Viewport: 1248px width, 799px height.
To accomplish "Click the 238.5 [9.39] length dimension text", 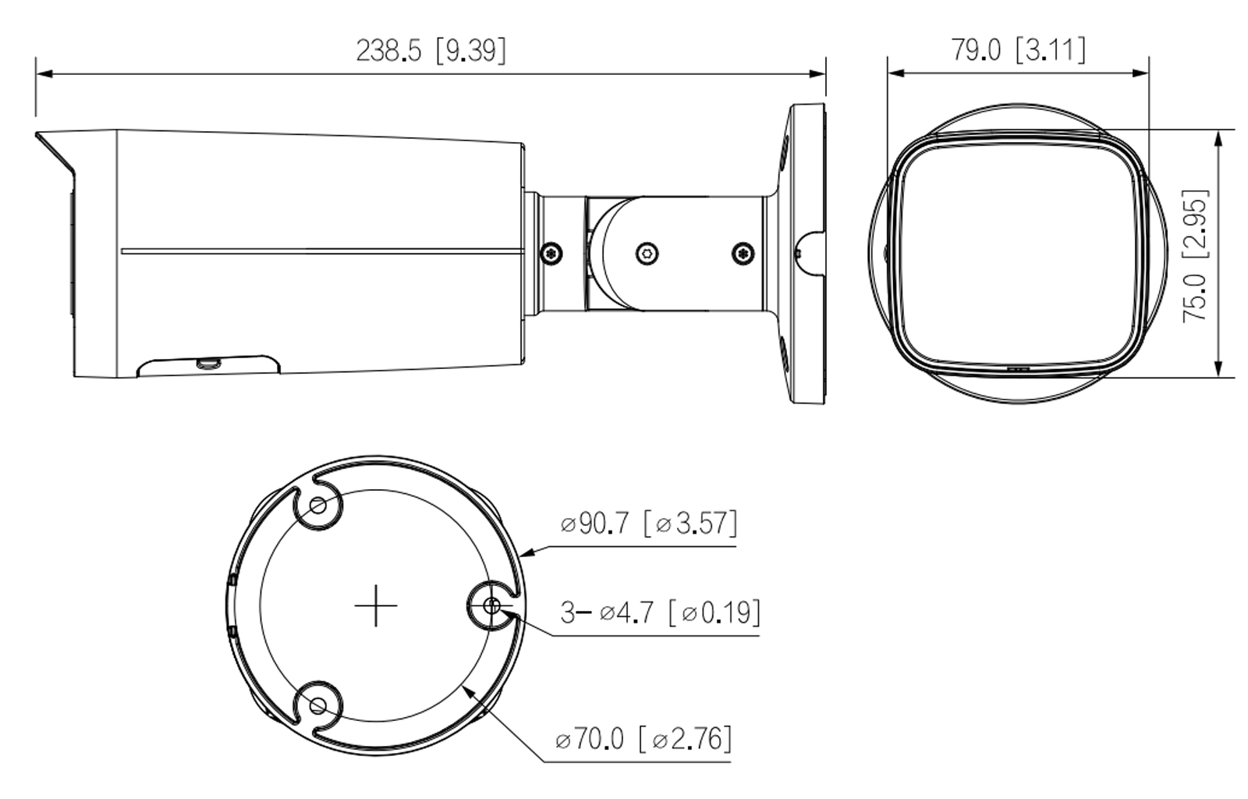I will (x=431, y=51).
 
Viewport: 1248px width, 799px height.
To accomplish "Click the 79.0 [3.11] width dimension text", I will (x=1017, y=50).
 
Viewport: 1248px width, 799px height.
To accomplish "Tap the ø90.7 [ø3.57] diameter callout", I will (x=648, y=523).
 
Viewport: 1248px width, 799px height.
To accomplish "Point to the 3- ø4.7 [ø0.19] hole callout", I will (x=660, y=613).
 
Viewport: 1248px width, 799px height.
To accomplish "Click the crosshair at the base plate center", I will (x=375, y=605).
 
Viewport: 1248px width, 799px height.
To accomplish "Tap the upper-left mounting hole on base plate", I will (x=317, y=506).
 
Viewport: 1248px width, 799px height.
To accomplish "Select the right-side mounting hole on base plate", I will (x=491, y=605).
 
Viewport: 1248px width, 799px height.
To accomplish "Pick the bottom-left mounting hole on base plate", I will (x=317, y=705).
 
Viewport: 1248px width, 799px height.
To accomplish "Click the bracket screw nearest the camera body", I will (x=551, y=252).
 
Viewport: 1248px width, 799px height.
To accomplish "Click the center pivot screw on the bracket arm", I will (x=646, y=252).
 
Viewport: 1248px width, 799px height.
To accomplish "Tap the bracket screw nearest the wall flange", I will (x=743, y=252).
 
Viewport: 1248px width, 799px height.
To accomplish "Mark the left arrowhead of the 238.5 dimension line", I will (x=41, y=74).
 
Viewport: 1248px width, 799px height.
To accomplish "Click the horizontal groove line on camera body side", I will (x=320, y=251).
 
